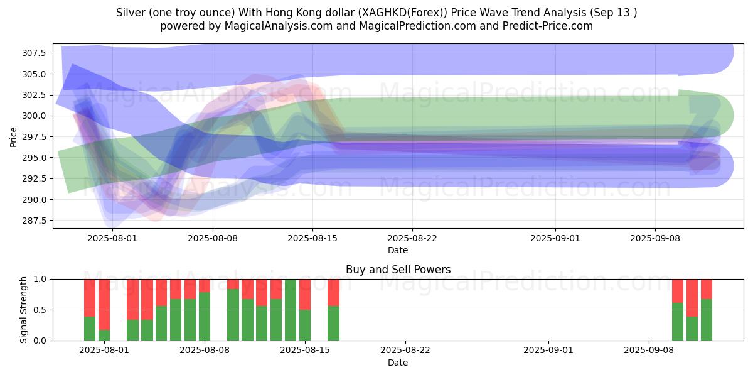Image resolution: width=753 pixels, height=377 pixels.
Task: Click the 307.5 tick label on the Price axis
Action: pyautogui.click(x=34, y=53)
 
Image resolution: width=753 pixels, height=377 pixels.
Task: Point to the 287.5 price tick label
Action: pyautogui.click(x=34, y=221)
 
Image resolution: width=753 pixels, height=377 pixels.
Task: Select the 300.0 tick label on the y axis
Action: pyautogui.click(x=34, y=116)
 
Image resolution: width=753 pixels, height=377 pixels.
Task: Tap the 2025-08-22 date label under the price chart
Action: pyautogui.click(x=412, y=238)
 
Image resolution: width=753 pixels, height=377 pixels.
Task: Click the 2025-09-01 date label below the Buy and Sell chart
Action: pyautogui.click(x=548, y=350)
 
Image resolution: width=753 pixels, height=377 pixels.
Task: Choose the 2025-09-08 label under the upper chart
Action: pyautogui.click(x=655, y=238)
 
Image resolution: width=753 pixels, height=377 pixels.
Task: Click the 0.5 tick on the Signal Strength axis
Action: pyautogui.click(x=40, y=310)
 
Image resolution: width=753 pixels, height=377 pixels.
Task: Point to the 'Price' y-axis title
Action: pyautogui.click(x=13, y=137)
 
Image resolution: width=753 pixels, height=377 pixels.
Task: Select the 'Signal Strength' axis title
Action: pyautogui.click(x=23, y=310)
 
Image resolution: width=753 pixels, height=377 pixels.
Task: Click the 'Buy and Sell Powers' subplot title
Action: pyautogui.click(x=398, y=270)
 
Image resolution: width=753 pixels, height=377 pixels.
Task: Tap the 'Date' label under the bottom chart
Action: pyautogui.click(x=398, y=363)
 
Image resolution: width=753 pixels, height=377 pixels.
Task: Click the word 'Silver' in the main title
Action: pyautogui.click(x=131, y=13)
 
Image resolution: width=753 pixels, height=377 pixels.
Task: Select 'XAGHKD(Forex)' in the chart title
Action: pyautogui.click(x=403, y=13)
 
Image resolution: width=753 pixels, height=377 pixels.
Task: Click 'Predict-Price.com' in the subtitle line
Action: pyautogui.click(x=548, y=26)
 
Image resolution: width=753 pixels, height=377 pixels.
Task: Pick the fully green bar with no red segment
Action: pyautogui.click(x=291, y=310)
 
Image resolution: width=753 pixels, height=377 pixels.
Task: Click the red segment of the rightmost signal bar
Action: pyautogui.click(x=707, y=289)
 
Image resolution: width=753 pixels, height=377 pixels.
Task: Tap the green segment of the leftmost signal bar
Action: pyautogui.click(x=89, y=329)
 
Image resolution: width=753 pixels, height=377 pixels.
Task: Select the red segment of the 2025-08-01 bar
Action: pyautogui.click(x=104, y=304)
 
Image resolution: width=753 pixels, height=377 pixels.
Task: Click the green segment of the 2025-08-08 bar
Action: pyautogui.click(x=205, y=316)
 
